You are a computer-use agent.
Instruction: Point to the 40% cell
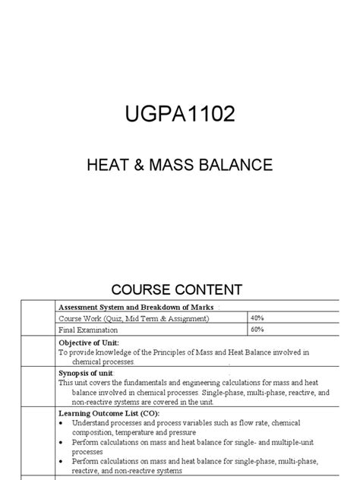(x=257, y=317)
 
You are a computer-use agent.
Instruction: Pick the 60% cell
(x=257, y=330)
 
